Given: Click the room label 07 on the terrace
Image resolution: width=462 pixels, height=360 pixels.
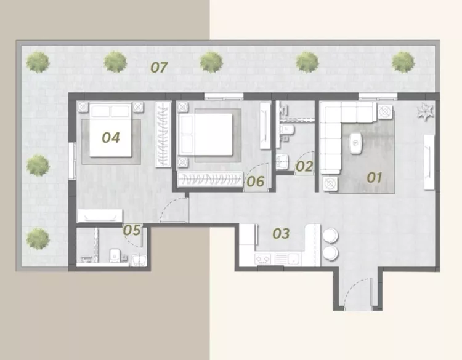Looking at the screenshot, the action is (x=159, y=68).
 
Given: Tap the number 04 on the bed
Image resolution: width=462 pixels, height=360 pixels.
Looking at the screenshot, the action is (x=111, y=137).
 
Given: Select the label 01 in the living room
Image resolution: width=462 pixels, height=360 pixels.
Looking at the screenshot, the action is (x=374, y=177).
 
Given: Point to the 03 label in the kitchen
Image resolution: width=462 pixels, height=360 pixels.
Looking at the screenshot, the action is (x=281, y=233).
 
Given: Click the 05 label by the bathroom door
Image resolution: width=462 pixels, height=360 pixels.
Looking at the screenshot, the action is (x=132, y=230).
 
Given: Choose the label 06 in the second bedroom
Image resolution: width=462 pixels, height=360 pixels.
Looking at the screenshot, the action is (x=255, y=182).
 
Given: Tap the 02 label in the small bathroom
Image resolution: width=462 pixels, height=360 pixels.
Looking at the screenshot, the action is (x=304, y=167).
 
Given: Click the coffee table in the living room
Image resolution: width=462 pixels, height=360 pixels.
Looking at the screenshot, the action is (x=355, y=143).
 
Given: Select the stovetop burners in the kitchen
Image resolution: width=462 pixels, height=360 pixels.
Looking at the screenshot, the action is (x=263, y=259).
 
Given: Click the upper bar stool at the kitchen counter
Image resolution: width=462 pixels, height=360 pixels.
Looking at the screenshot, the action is (x=331, y=236).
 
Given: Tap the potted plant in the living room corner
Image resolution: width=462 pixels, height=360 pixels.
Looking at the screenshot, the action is (x=426, y=111).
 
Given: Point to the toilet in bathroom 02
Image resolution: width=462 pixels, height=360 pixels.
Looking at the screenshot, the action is (x=286, y=129).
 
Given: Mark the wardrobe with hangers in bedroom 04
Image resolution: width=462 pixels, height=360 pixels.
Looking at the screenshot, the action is (x=163, y=134).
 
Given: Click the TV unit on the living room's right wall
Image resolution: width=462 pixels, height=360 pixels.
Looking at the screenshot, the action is (x=429, y=162).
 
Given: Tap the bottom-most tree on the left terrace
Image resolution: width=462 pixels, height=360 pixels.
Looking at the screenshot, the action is (x=38, y=239).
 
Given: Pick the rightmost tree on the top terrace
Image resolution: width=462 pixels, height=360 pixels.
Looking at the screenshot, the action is (x=403, y=62).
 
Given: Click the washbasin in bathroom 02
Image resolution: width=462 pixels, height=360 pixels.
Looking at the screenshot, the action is (x=282, y=162).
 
